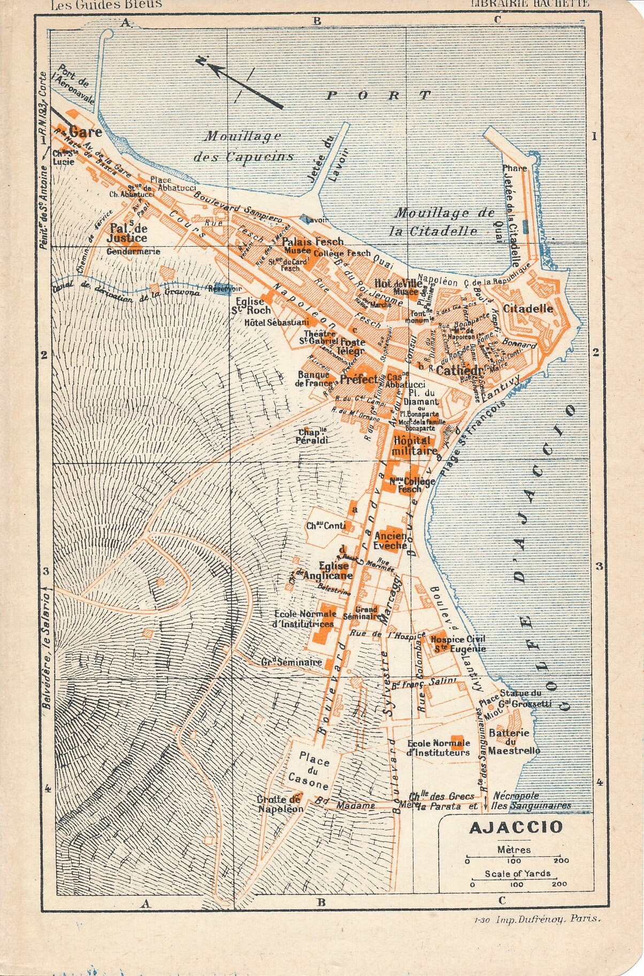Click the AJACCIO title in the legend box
click(516, 828)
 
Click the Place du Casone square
click(314, 771)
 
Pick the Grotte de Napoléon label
click(280, 804)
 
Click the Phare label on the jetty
click(515, 168)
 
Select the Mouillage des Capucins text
click(243, 146)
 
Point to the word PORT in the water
click(378, 96)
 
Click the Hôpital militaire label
click(411, 446)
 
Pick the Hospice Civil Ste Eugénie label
click(451, 644)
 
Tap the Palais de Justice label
click(128, 233)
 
